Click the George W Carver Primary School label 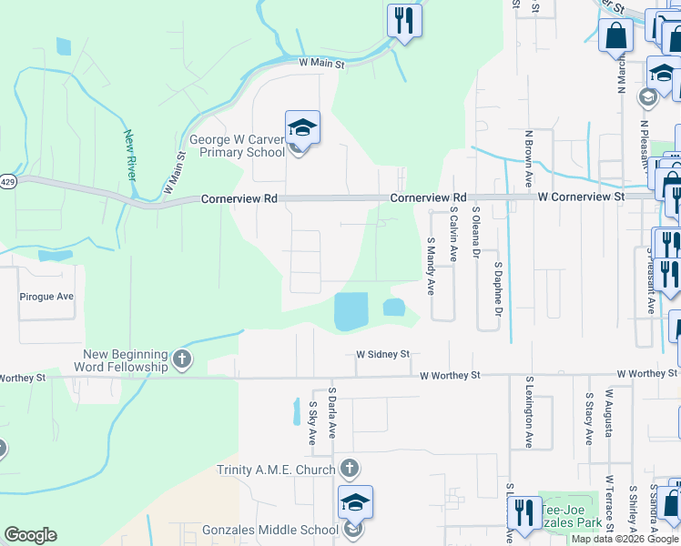(x=237, y=146)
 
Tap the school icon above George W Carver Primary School (x=302, y=128)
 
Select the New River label (x=131, y=156)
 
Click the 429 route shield (x=7, y=182)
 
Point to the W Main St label (x=322, y=64)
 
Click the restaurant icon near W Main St (x=403, y=20)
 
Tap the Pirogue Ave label (x=46, y=297)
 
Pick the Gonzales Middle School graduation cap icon (x=355, y=502)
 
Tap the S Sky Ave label (x=312, y=423)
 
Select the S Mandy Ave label (x=431, y=266)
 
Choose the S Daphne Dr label (x=498, y=291)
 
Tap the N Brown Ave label (x=528, y=158)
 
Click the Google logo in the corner (x=30, y=535)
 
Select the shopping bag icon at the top (x=615, y=36)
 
